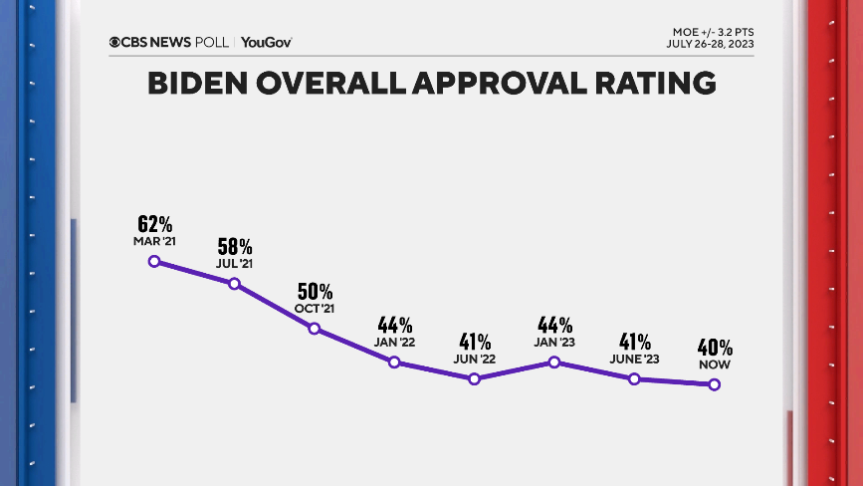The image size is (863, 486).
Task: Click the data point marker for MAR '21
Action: (154, 261)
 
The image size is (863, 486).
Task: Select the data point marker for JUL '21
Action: (234, 284)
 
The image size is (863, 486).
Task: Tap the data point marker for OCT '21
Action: (315, 329)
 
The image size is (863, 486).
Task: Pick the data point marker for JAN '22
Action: (394, 363)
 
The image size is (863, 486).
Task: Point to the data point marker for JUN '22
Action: (474, 379)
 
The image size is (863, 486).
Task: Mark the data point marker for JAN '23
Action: (554, 363)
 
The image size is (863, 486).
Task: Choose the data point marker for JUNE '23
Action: (634, 379)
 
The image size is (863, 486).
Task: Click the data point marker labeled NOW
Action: (714, 385)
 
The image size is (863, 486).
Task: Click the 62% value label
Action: (154, 224)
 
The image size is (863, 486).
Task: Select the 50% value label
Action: (315, 292)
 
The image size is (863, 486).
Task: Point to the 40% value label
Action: (714, 349)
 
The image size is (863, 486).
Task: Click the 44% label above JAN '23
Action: (554, 326)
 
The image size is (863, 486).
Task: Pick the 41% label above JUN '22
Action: (474, 343)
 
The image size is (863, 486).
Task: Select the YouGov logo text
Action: (266, 42)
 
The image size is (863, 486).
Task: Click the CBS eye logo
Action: (115, 42)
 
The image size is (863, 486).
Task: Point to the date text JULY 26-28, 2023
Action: (709, 44)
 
